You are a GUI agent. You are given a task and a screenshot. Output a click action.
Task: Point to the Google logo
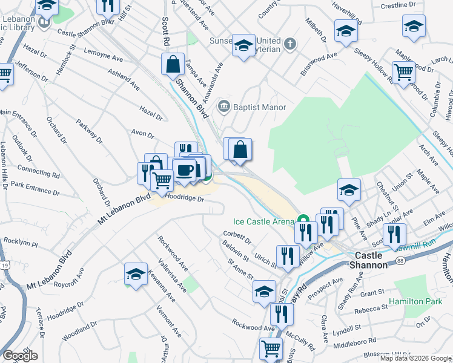click(x=21, y=356)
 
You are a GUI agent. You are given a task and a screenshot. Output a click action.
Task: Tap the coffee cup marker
click(x=184, y=170)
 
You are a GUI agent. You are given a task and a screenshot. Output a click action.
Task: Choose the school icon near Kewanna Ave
click(x=136, y=273)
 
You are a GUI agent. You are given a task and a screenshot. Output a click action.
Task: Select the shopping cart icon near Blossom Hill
click(x=271, y=348)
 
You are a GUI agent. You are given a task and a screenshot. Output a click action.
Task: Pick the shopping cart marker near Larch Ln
click(x=403, y=71)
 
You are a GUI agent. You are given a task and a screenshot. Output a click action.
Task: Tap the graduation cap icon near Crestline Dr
click(x=414, y=26)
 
